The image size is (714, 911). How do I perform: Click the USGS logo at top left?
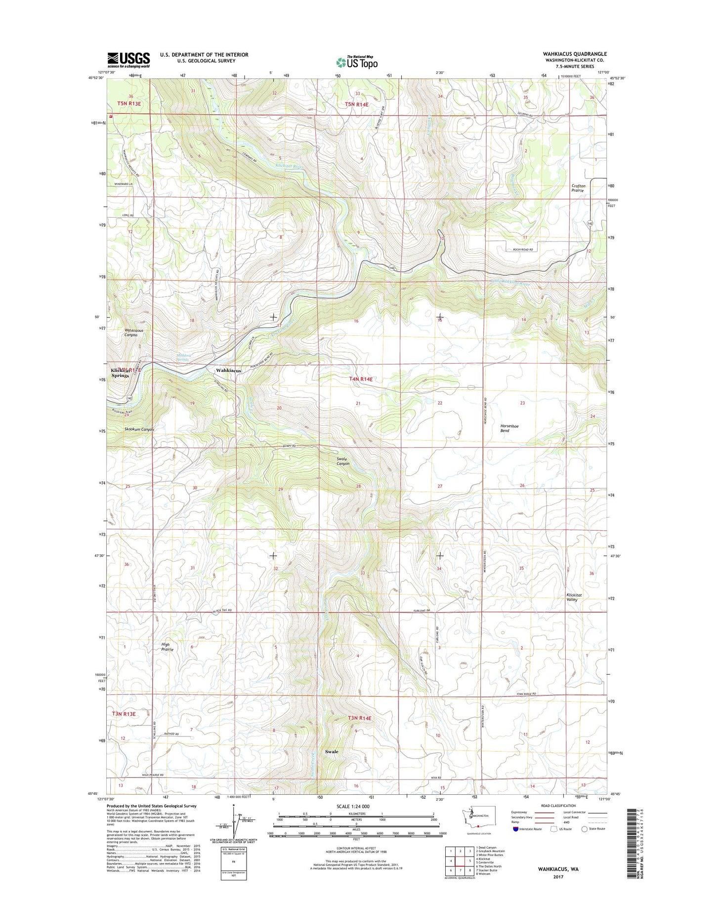[128, 60]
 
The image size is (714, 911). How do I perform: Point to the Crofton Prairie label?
[578, 188]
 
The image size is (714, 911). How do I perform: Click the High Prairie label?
[167, 647]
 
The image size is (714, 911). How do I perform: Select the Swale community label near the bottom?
[332, 751]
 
